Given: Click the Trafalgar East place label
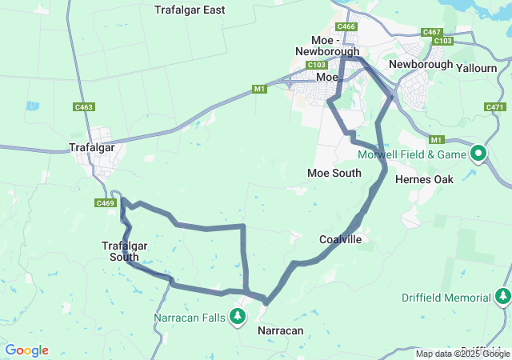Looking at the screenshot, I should (x=190, y=10).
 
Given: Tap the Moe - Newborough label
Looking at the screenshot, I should (x=326, y=45).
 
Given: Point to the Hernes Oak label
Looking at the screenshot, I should (x=424, y=179).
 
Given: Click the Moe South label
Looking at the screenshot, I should (x=334, y=173).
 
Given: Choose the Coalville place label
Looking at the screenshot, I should (x=340, y=239).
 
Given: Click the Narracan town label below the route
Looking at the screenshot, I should (x=281, y=330).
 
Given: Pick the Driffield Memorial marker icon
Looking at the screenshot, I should (x=502, y=298).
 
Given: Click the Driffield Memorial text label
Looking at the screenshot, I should (x=446, y=298).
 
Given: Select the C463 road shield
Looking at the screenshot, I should (x=83, y=106).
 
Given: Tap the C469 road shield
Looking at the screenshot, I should (x=106, y=203).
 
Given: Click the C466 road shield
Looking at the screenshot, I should (x=346, y=26).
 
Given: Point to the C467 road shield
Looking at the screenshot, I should (x=432, y=32).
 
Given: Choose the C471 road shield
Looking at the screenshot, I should (x=494, y=107).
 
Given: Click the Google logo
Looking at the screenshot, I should (x=26, y=350).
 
